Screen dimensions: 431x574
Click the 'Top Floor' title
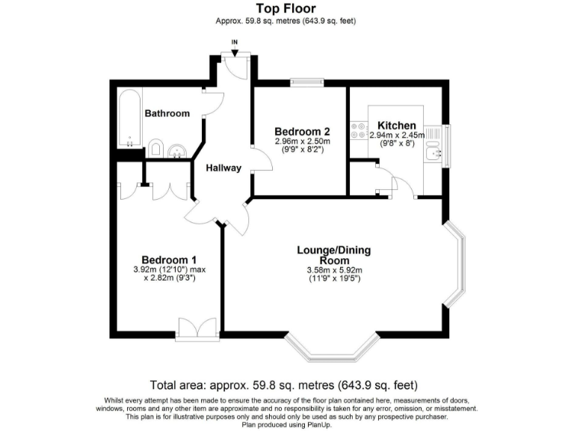tap(287, 9)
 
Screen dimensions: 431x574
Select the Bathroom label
tap(167, 114)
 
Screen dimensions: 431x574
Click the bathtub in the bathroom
tap(129, 120)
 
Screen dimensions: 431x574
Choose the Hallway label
tap(224, 168)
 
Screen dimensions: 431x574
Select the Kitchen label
tap(396, 125)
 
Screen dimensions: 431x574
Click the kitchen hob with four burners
tap(357, 131)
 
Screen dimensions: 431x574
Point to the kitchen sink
tap(433, 154)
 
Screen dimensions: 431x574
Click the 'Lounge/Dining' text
tap(334, 250)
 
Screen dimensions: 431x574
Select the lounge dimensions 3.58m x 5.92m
tap(334, 271)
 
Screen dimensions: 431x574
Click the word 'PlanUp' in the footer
tap(317, 424)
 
